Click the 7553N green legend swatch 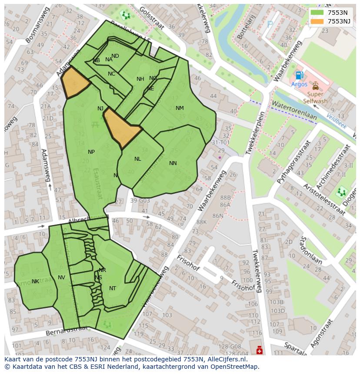point(317,12)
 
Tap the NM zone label point(180,108)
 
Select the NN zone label point(173,163)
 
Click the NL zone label point(138,159)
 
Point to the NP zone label point(91,152)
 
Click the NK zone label point(35,281)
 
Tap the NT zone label point(113,288)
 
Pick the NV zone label point(61,278)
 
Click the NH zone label point(140,79)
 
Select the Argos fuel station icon point(299,76)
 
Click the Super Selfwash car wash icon point(315,86)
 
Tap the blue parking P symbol point(270,25)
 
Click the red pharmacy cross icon point(260,350)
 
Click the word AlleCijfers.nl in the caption point(226,359)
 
